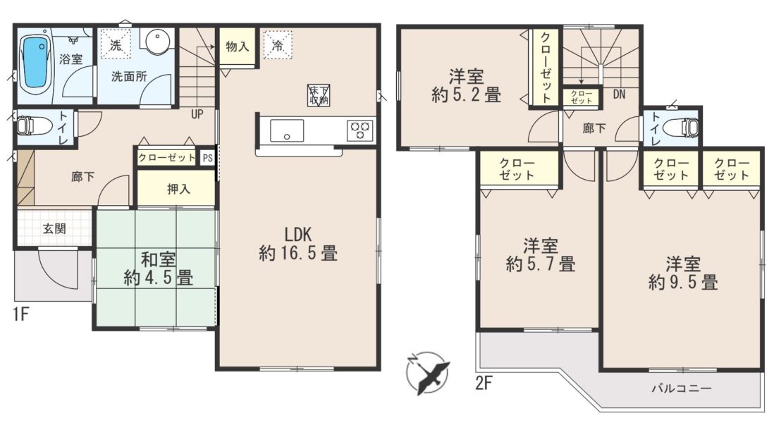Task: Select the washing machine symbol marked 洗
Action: (116, 45)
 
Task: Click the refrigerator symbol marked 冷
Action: (278, 45)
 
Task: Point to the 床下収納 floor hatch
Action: (319, 94)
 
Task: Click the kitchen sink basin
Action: (287, 131)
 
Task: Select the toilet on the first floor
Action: (31, 127)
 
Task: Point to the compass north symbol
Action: (427, 373)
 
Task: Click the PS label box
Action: (207, 158)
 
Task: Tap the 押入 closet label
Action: (178, 189)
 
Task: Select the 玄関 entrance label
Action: (54, 228)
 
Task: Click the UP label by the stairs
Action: (197, 114)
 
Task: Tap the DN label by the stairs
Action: (619, 94)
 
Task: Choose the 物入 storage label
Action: (238, 47)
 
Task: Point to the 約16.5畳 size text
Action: (298, 254)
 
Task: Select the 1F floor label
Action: (20, 314)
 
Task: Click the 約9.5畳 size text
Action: (682, 283)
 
